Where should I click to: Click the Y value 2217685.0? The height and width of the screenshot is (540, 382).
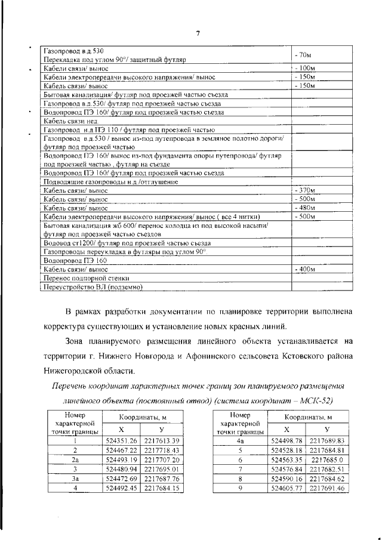pyautogui.click(x=328, y=460)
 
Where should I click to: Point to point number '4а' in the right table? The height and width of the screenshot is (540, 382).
pyautogui.click(x=241, y=440)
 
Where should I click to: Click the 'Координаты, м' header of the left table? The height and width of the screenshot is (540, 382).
pyautogui.click(x=141, y=418)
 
